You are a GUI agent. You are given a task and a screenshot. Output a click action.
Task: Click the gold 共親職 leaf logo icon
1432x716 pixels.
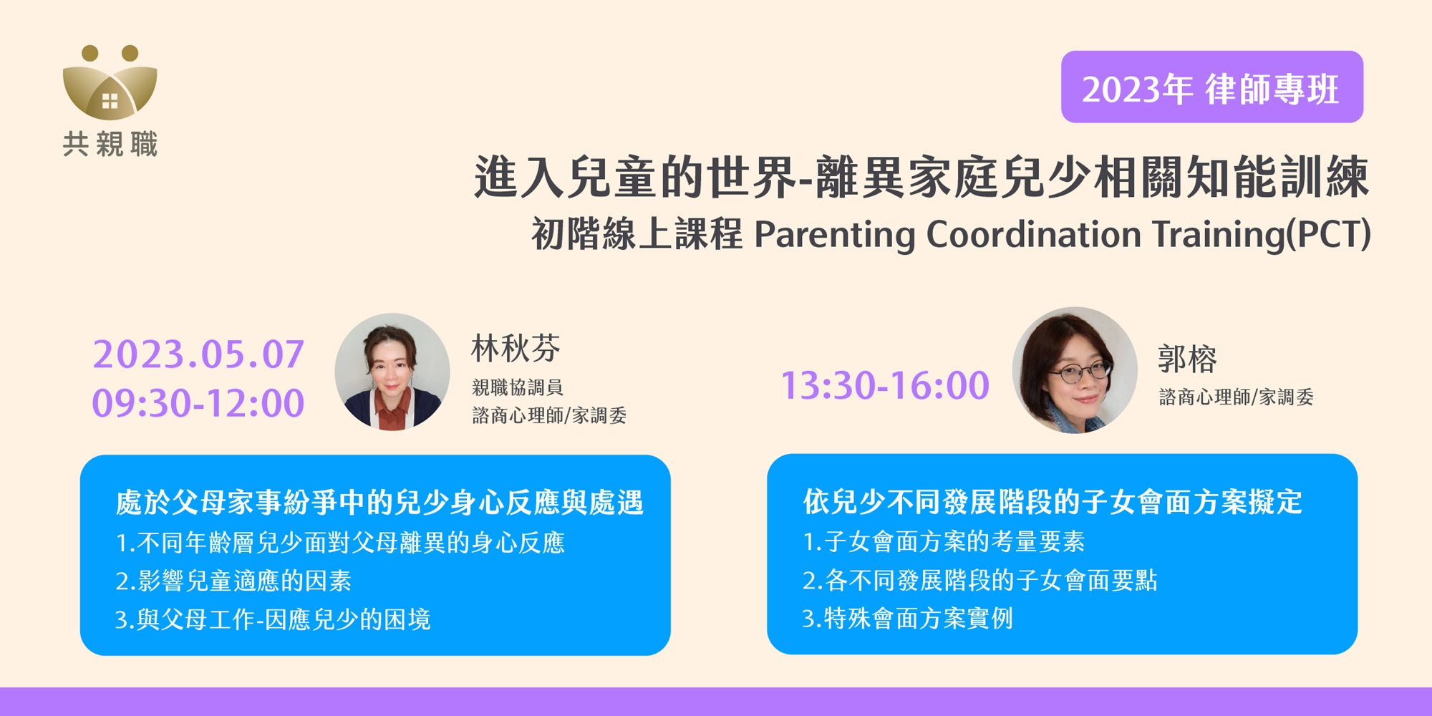coord(110,82)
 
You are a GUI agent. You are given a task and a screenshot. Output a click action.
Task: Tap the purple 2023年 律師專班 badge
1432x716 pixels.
coord(1211,87)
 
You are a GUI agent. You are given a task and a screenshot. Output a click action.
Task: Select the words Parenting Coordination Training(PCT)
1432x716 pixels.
coord(1063,234)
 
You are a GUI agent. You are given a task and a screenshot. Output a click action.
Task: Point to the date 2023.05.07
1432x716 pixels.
coord(198,354)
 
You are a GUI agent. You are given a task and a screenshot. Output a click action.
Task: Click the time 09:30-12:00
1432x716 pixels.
coord(198,403)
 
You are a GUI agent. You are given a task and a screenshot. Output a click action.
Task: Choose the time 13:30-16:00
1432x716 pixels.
coord(885,385)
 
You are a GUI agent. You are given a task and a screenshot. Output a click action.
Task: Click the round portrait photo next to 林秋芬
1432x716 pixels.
coord(392,372)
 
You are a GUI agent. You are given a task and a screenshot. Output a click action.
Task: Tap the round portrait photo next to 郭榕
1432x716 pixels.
coord(1075,370)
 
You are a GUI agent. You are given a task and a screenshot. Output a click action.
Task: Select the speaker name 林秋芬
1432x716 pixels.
coord(516,349)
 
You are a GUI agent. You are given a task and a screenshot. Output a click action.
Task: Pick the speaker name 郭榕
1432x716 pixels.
coord(1187,359)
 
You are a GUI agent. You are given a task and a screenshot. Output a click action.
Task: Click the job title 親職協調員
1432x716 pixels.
coord(518,387)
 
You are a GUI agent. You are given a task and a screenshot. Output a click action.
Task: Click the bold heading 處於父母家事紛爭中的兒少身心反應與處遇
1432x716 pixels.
coord(379,503)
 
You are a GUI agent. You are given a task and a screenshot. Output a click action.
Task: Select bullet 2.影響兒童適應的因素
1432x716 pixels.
coord(233,581)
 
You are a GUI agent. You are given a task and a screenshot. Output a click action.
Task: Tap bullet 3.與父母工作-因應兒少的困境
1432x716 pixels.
coord(273,619)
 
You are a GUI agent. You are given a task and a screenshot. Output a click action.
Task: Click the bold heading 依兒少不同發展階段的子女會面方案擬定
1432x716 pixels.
coord(1053,502)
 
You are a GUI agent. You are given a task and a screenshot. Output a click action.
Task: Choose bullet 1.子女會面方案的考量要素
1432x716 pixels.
coord(944,541)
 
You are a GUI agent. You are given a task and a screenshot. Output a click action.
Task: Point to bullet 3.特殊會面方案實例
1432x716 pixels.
coord(908,619)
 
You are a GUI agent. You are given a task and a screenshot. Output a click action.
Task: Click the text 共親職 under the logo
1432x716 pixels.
coord(110,144)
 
